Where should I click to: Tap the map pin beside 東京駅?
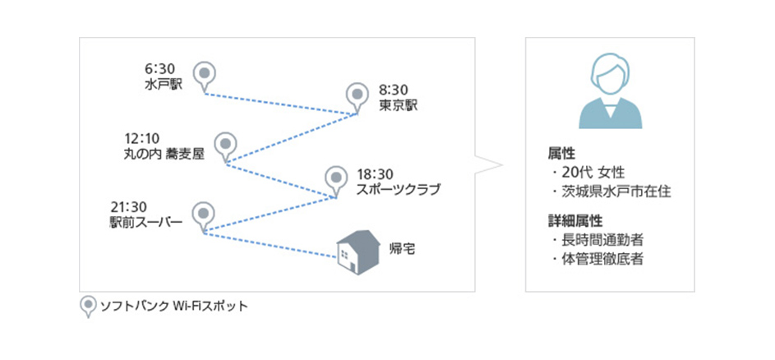point(356,96)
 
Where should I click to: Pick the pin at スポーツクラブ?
point(335,178)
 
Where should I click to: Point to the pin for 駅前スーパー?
point(202,215)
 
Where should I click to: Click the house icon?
point(359,249)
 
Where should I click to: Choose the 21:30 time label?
point(127,206)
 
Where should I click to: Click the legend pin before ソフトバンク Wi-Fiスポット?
point(86,307)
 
